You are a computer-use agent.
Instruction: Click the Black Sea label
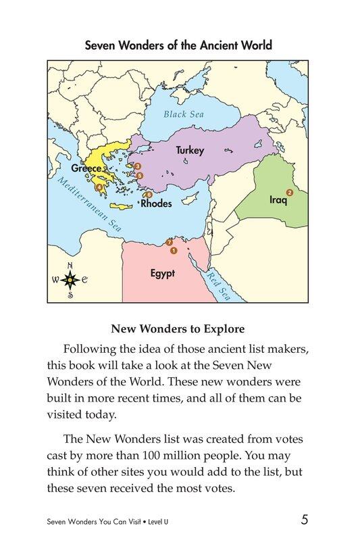tap(184, 114)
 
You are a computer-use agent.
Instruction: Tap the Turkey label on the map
tap(190, 150)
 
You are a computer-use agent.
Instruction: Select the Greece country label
tap(87, 168)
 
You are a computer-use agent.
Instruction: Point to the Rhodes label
tap(156, 203)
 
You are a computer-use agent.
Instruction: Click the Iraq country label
tap(278, 200)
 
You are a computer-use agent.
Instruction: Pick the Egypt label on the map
tap(162, 274)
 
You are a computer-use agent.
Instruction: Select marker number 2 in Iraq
tap(290, 193)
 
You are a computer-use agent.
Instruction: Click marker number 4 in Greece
tap(100, 187)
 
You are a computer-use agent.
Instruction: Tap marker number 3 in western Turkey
tap(137, 166)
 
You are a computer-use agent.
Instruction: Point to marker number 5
tap(140, 176)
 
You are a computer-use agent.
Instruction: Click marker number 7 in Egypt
tap(169, 243)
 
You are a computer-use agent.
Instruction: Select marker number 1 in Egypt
tap(174, 251)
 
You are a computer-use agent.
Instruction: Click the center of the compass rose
tap(70, 278)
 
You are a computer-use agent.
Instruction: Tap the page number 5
tap(305, 520)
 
